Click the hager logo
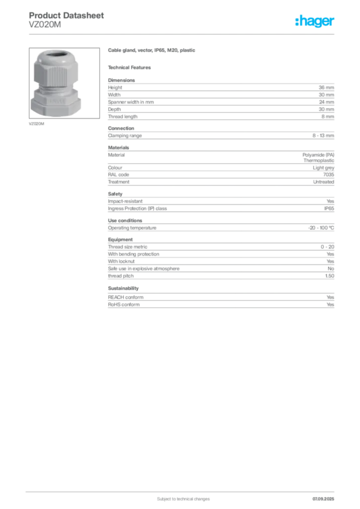click(315, 21)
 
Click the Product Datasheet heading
click(66, 15)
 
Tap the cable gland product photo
click(64, 83)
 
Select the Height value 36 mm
click(326, 87)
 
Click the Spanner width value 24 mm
click(326, 102)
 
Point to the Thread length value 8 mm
click(328, 116)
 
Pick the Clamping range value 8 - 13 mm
click(323, 135)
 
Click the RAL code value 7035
click(329, 174)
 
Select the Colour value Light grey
click(323, 168)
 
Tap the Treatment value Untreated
click(324, 182)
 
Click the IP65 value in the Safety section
click(329, 208)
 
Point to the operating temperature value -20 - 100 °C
click(321, 228)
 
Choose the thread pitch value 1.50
click(330, 276)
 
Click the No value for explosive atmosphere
click(331, 269)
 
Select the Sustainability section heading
click(123, 288)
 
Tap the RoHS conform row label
click(124, 305)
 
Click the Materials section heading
click(118, 147)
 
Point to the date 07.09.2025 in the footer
click(323, 499)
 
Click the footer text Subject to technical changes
click(183, 499)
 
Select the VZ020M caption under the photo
click(36, 124)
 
